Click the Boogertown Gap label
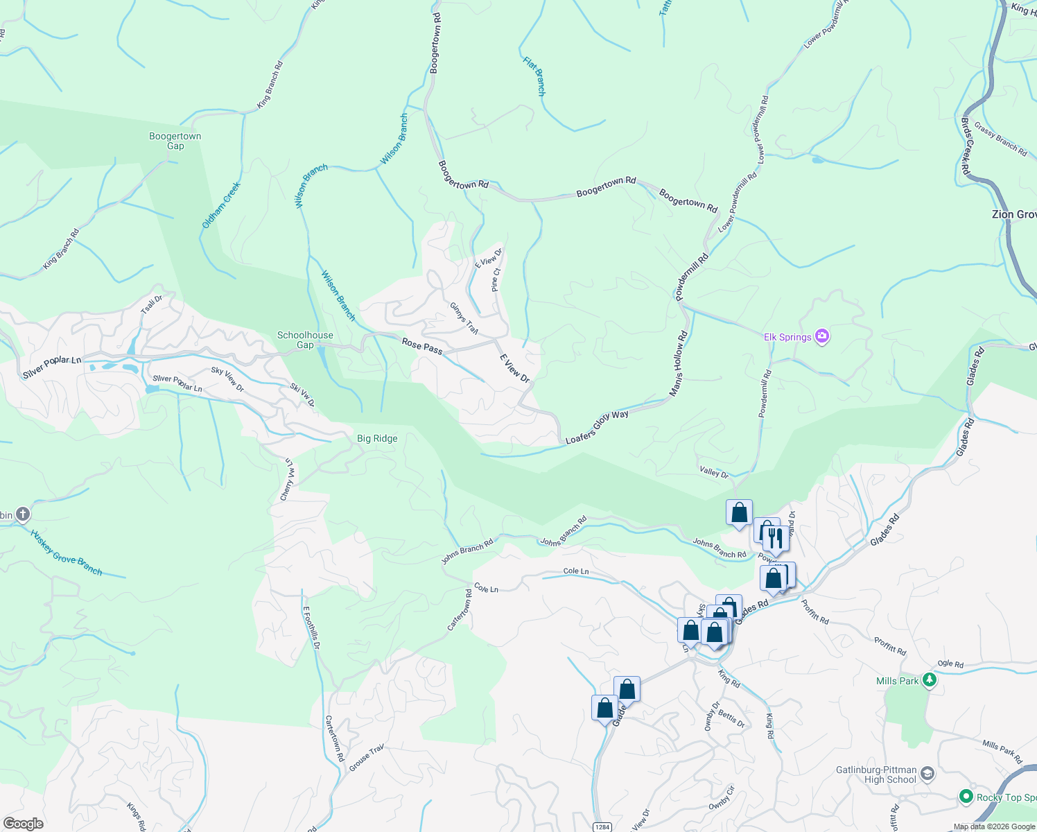click(x=175, y=141)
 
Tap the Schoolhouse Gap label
click(x=305, y=340)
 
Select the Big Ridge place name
click(x=377, y=438)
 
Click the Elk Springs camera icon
click(x=822, y=337)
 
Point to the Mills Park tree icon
click(x=930, y=680)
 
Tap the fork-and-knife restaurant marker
click(x=776, y=537)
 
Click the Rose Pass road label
click(x=422, y=345)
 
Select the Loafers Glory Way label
click(x=597, y=427)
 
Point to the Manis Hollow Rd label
click(x=679, y=364)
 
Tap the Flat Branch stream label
click(x=534, y=76)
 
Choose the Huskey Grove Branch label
click(x=67, y=553)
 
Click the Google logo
click(x=24, y=824)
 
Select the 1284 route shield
click(x=602, y=826)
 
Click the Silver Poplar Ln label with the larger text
click(x=52, y=367)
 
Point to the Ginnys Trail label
click(x=464, y=318)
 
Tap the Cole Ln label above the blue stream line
click(x=576, y=571)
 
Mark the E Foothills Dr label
click(x=311, y=627)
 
